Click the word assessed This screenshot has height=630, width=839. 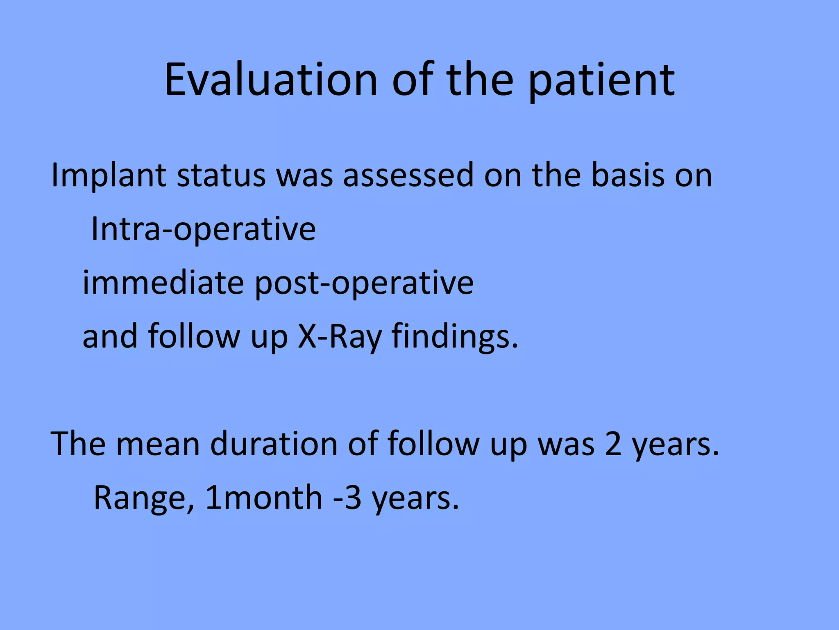408,176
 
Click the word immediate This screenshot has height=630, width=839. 163,283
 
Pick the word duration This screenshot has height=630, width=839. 274,444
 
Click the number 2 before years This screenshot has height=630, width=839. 613,444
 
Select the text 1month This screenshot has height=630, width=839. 264,498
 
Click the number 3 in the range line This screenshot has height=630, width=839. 353,498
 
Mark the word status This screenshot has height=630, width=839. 221,176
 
